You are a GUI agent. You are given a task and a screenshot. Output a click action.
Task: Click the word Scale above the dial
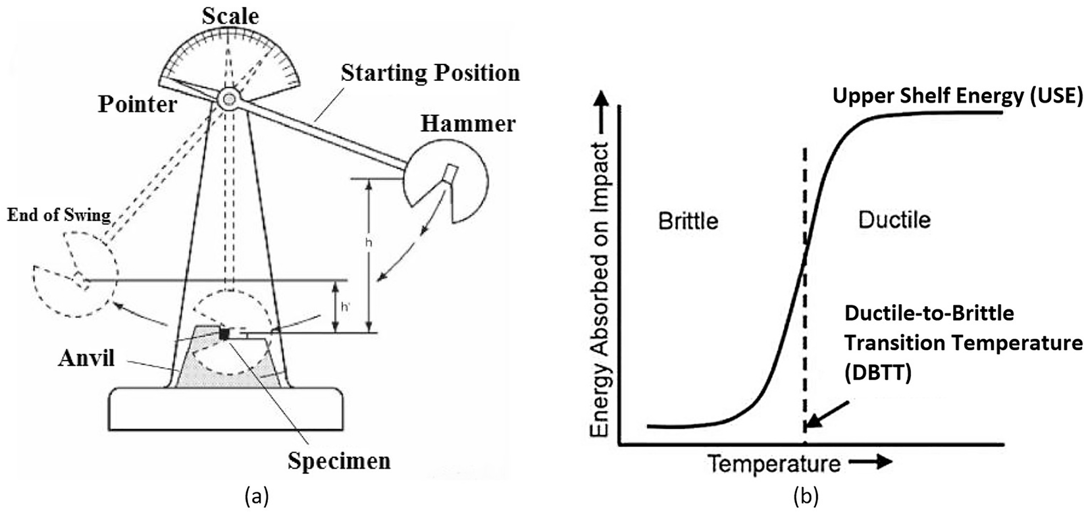(230, 16)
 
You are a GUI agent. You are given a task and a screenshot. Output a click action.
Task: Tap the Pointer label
(138, 103)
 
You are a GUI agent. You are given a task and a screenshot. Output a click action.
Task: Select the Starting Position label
(430, 72)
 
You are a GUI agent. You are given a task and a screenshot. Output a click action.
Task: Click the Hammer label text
(469, 123)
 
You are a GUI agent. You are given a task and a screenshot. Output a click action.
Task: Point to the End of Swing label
(59, 216)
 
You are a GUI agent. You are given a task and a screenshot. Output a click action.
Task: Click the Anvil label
(86, 358)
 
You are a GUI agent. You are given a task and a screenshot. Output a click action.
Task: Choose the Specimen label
(339, 460)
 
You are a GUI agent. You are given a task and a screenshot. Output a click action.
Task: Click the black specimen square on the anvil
(225, 334)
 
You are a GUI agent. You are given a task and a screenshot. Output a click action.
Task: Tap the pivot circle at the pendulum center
(229, 99)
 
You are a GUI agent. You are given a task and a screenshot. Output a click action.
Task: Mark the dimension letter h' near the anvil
(346, 307)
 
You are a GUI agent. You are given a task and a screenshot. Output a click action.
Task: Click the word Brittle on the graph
(688, 220)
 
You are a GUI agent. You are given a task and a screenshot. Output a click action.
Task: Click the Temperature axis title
(775, 464)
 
